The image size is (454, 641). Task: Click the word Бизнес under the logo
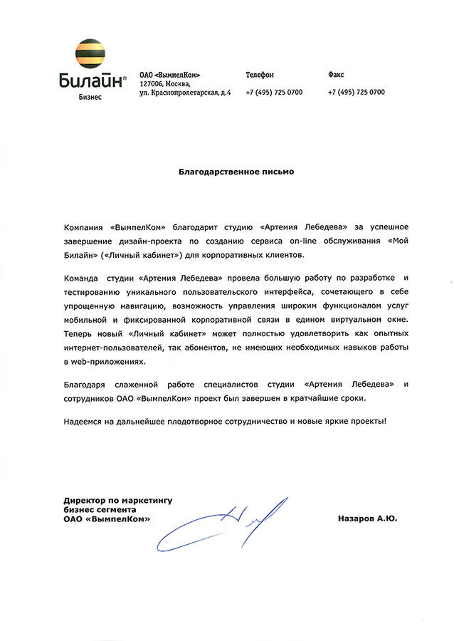(90, 97)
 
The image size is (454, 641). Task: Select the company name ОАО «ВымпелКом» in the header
(169, 75)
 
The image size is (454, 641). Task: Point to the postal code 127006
(153, 83)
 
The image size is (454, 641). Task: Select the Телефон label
(260, 75)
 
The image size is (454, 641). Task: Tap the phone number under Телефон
(274, 93)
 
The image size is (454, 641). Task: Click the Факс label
(337, 75)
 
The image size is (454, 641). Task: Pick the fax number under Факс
(357, 93)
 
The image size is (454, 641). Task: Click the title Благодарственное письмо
(236, 172)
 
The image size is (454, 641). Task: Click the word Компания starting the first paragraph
(84, 226)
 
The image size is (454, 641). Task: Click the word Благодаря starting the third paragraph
(85, 385)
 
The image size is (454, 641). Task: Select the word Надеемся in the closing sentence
(85, 422)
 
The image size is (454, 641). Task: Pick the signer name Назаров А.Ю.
(368, 519)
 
